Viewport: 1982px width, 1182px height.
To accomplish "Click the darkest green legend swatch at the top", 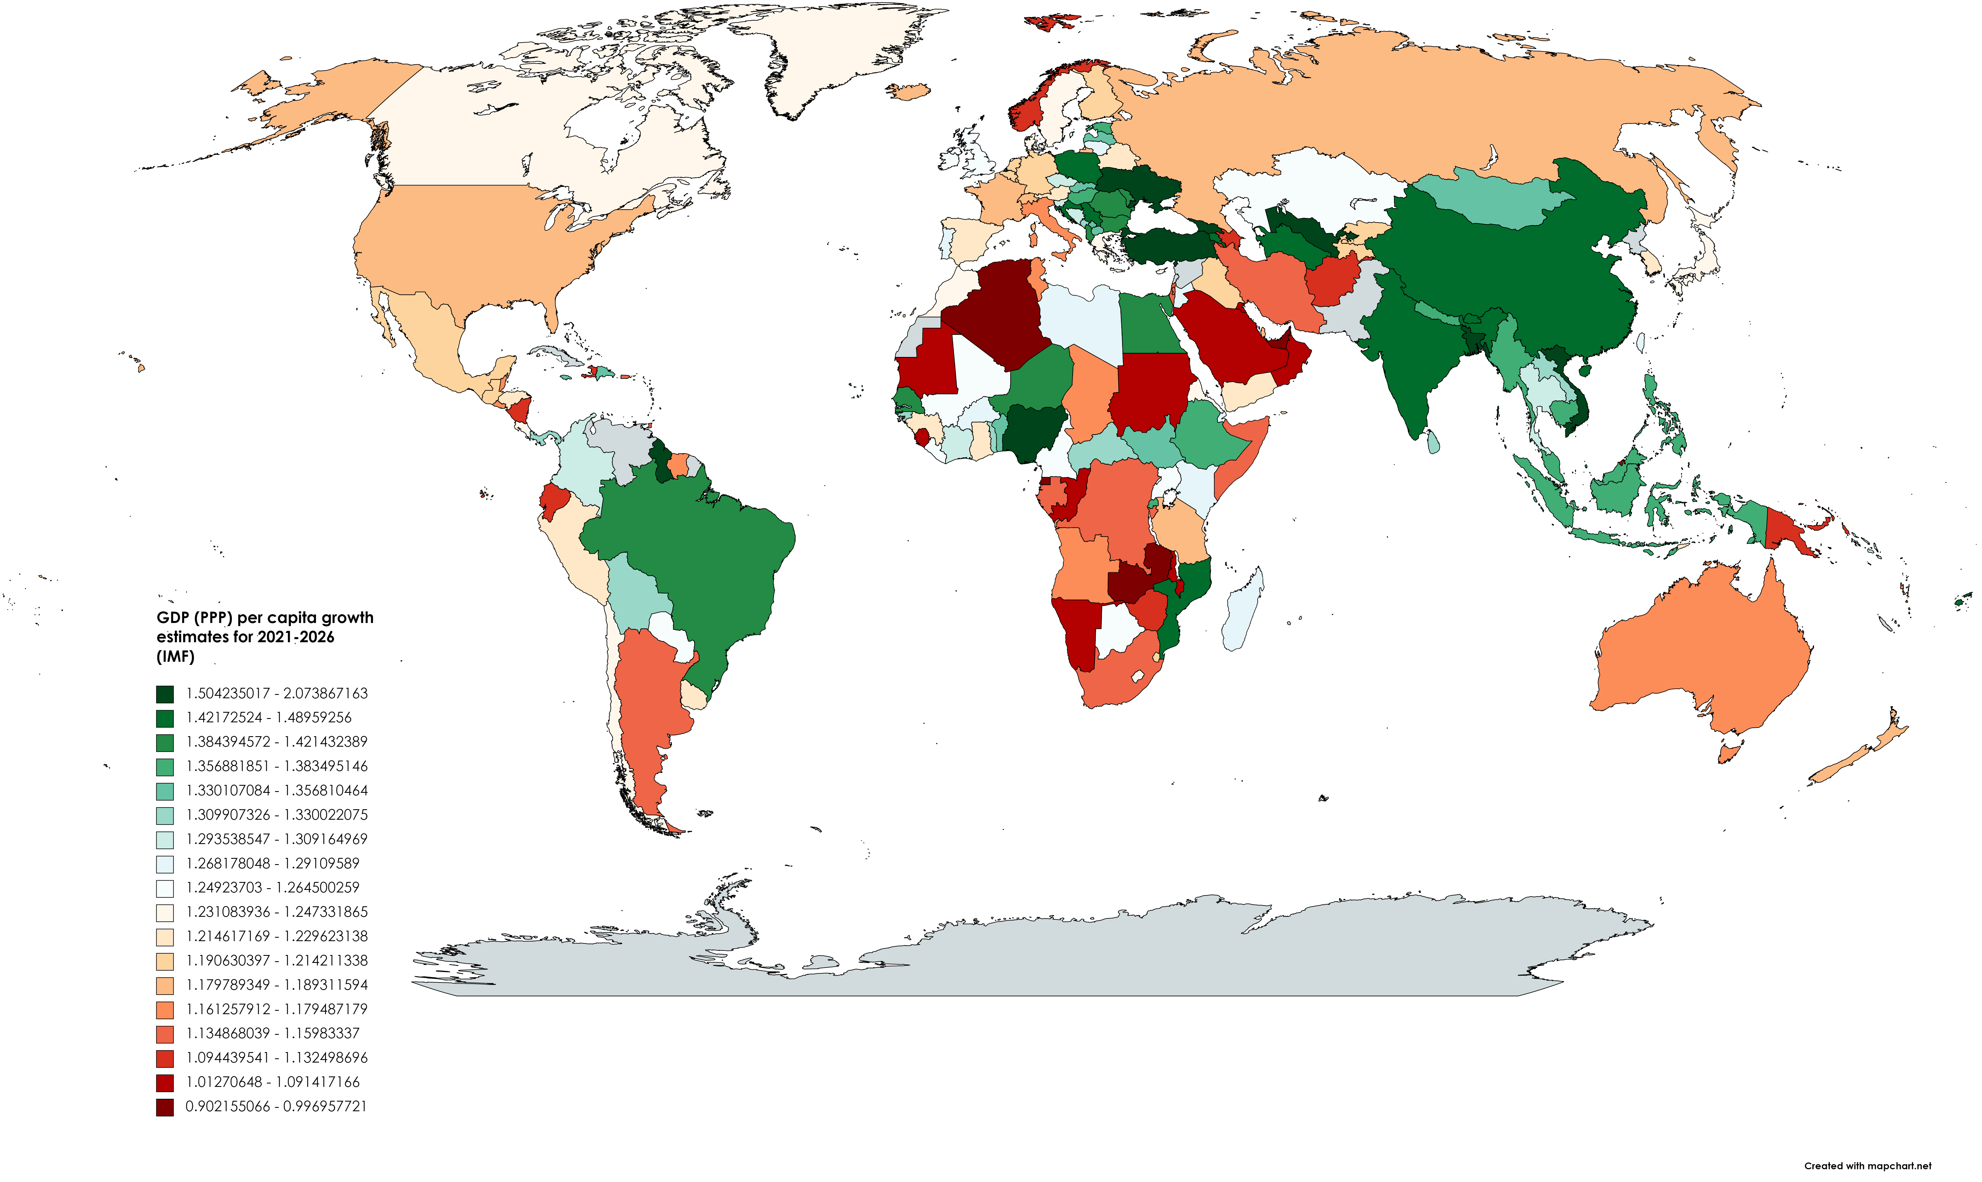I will (x=165, y=694).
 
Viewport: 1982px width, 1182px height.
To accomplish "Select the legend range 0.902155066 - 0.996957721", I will (x=275, y=1106).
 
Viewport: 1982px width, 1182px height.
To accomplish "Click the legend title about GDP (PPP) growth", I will (x=264, y=636).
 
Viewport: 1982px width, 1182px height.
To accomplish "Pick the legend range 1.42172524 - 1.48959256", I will (x=268, y=718).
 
